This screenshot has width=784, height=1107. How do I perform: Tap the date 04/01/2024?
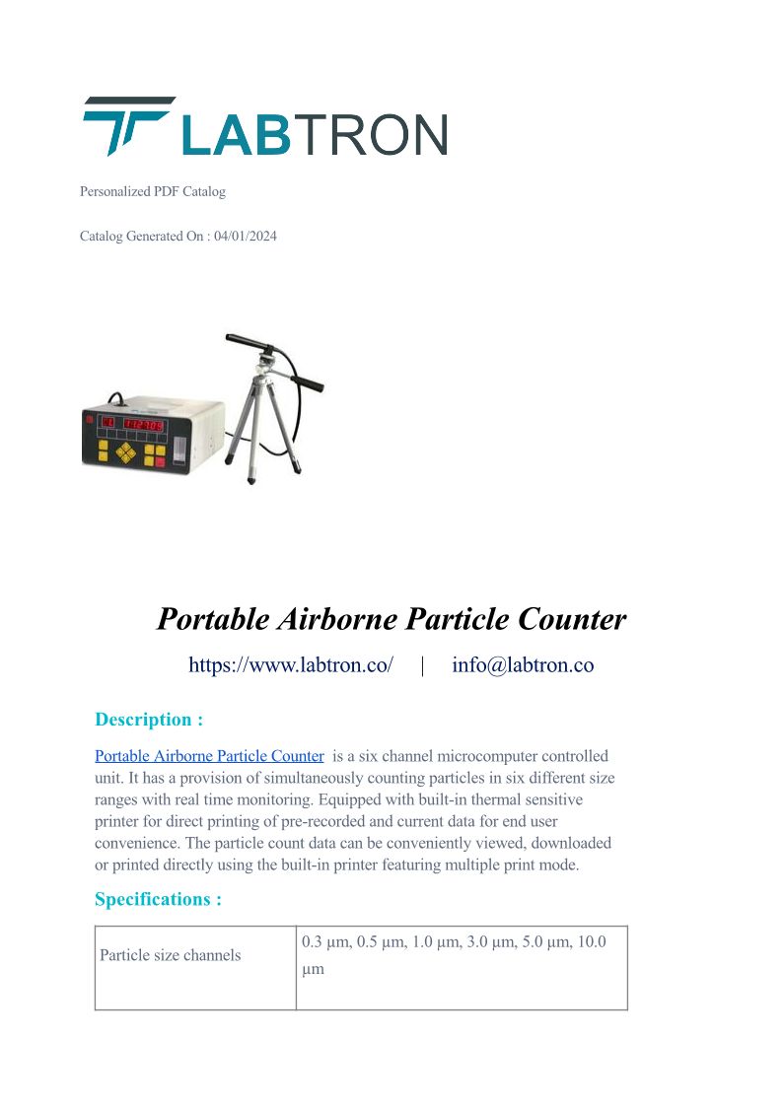point(246,237)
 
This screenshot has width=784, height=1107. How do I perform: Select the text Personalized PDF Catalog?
point(153,191)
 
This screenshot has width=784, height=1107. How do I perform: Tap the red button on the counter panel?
point(160,462)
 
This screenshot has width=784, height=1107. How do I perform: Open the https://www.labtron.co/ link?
point(291,665)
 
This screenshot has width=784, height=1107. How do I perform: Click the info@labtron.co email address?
point(523,665)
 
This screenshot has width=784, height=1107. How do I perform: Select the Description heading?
point(149,720)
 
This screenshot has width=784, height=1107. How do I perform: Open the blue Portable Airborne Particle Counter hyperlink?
point(209,756)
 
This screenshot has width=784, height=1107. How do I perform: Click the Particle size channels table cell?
point(171,955)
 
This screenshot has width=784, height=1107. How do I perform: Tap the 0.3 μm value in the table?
point(325,942)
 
